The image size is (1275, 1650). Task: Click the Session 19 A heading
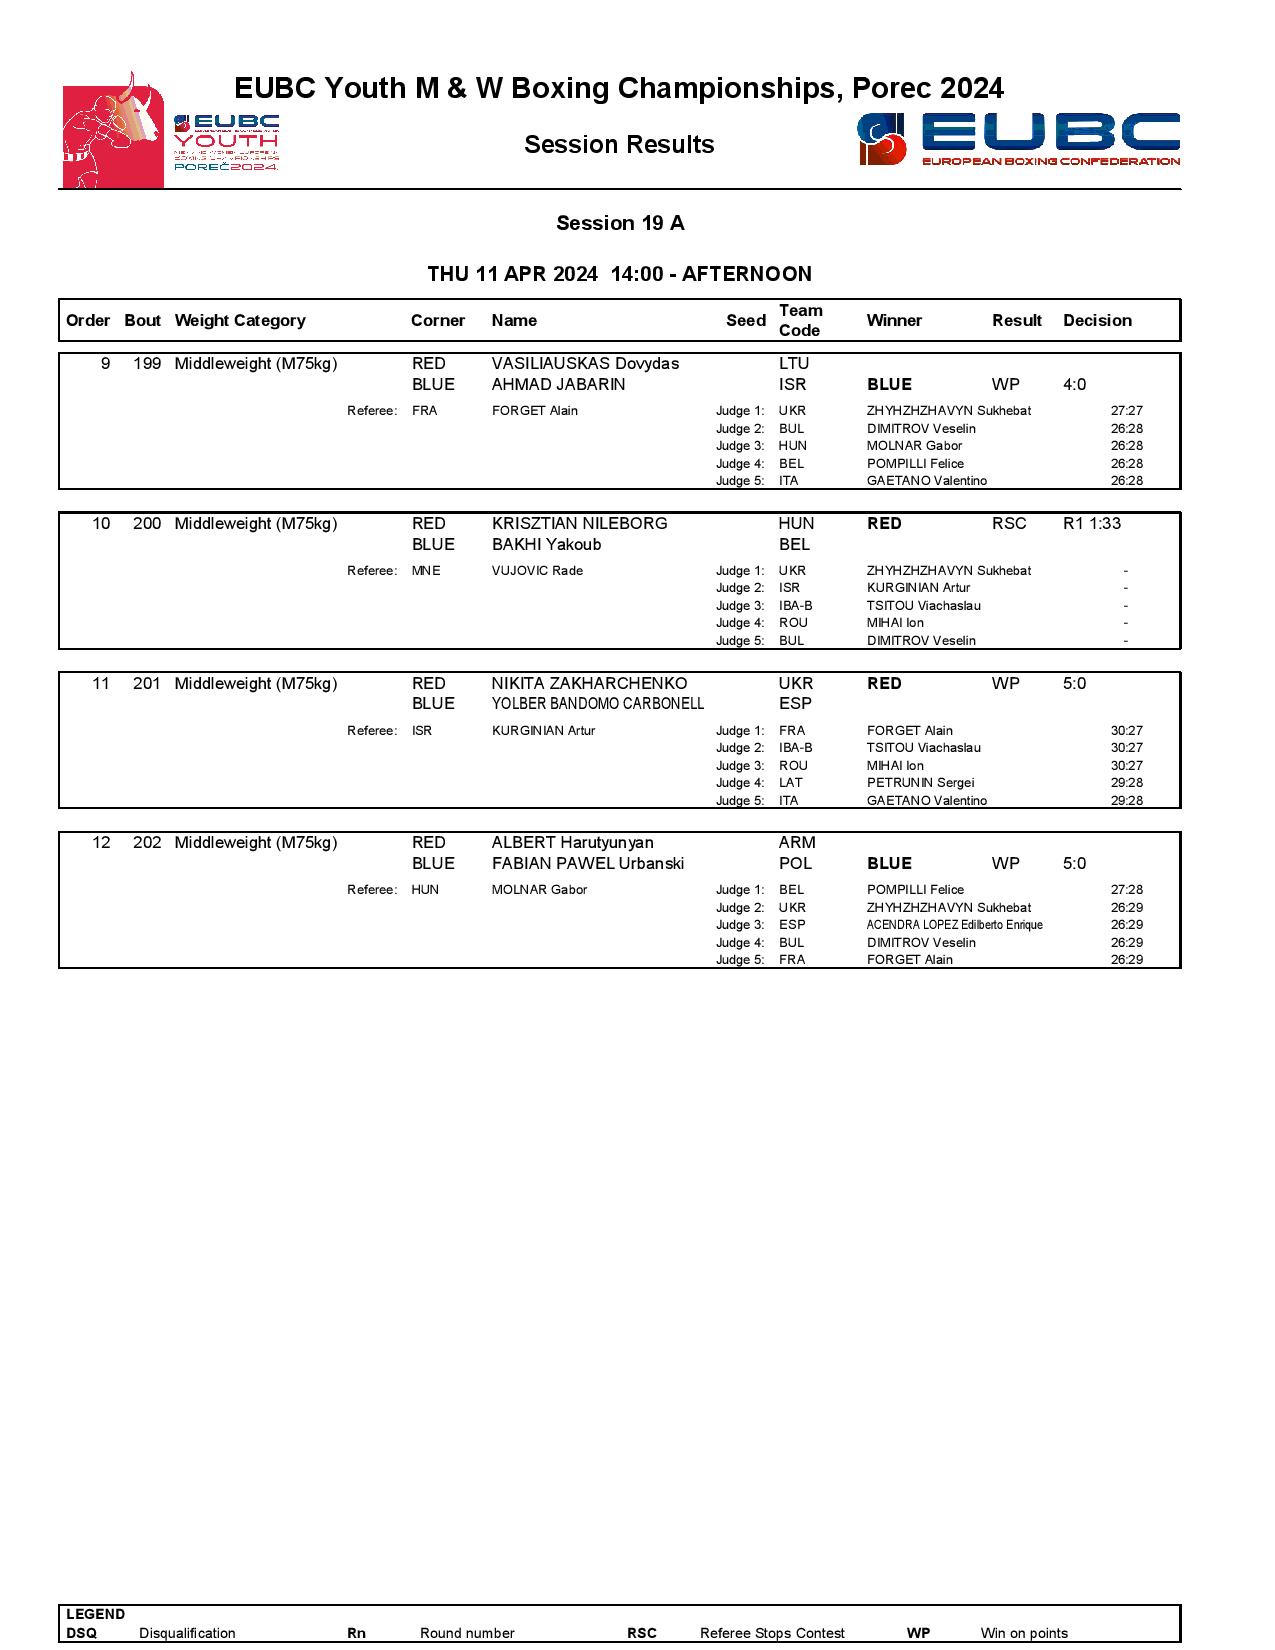coord(620,223)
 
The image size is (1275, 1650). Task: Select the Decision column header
coord(1097,321)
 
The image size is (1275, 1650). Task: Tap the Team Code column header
coord(800,321)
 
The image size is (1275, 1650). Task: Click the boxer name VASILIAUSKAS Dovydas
coord(585,364)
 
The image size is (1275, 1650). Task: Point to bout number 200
coord(147,524)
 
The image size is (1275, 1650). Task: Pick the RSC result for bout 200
coord(1009,524)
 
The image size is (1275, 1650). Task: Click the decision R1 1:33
coord(1091,524)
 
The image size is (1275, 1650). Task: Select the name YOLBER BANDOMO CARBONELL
coord(597,704)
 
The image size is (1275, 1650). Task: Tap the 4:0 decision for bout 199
coord(1074,385)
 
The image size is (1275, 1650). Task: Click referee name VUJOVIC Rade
coord(537,571)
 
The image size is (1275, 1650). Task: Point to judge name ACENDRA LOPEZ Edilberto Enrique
coord(954,925)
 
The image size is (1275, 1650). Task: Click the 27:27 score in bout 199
coord(1126,411)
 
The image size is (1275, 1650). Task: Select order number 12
coord(101,843)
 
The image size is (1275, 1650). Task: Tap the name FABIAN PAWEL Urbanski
coord(588,864)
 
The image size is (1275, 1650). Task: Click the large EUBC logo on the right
coord(1018,140)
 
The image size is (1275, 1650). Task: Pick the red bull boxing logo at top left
coord(112,131)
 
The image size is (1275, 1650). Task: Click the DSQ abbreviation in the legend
coord(82,1633)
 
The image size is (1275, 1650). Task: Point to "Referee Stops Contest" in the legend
coord(772,1633)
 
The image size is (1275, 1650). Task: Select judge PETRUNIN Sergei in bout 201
coord(920,783)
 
